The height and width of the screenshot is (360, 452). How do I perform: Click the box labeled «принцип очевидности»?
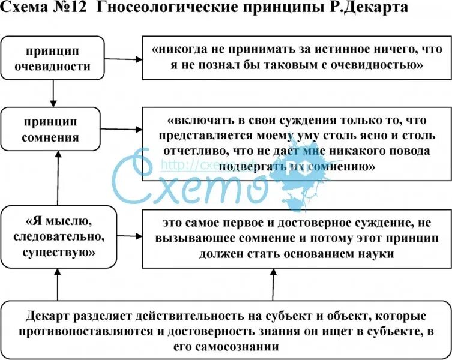tap(53, 58)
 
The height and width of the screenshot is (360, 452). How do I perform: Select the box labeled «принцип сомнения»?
tap(53, 130)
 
